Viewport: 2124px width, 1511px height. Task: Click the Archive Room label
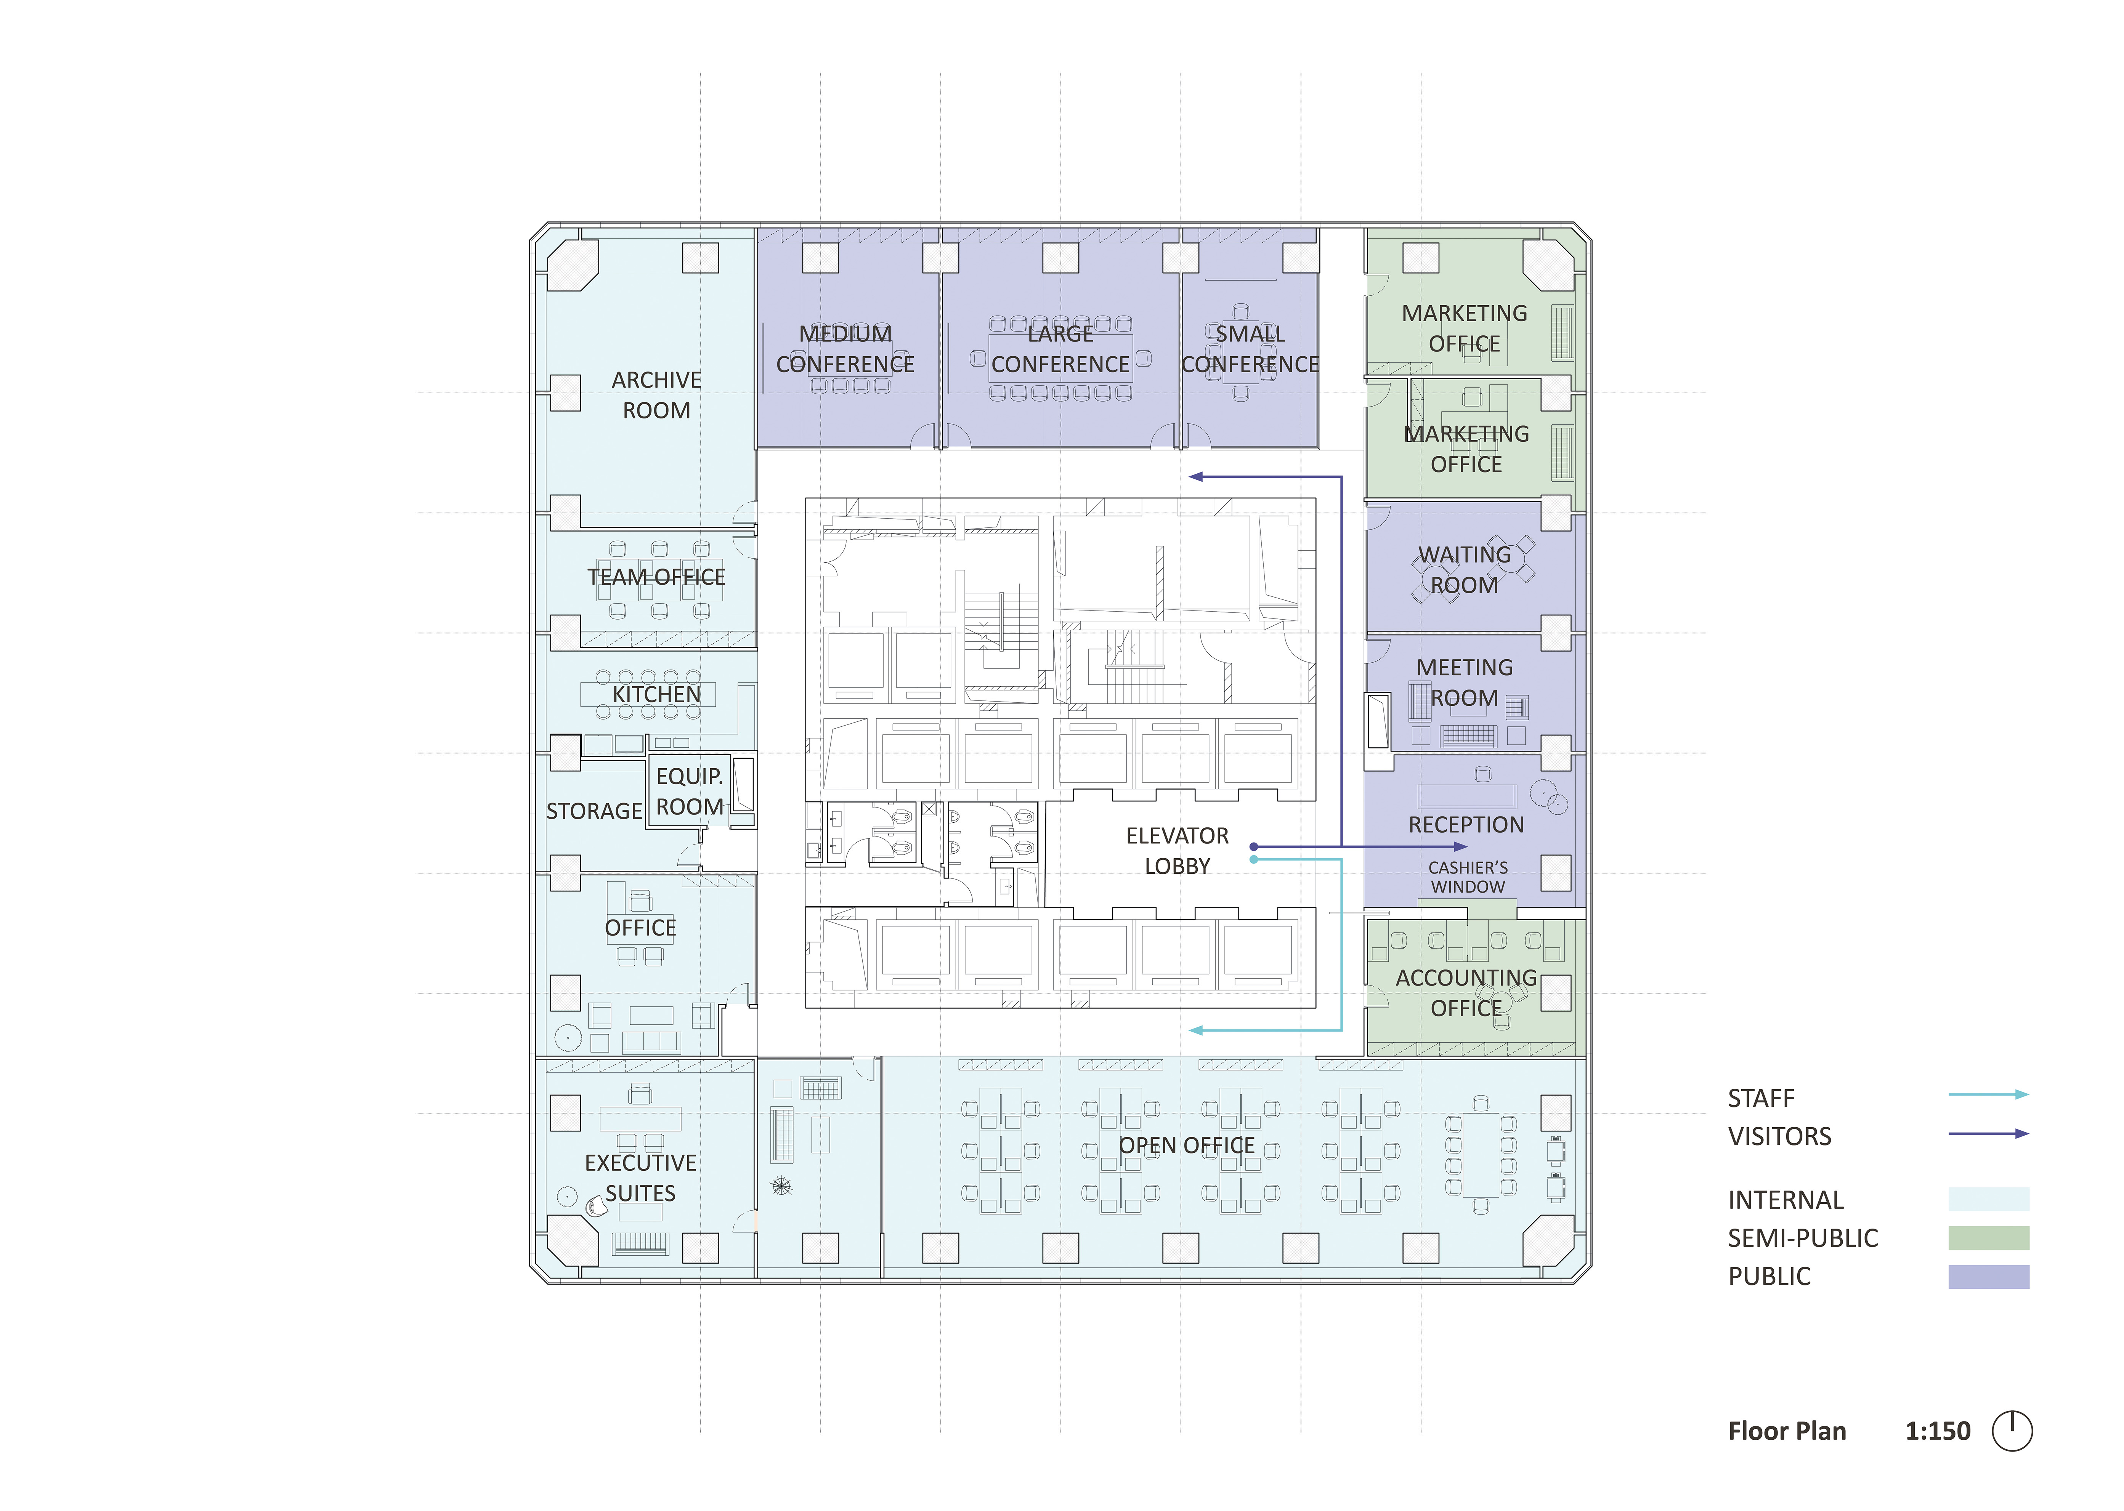pyautogui.click(x=656, y=396)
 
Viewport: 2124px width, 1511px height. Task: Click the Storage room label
pyautogui.click(x=594, y=811)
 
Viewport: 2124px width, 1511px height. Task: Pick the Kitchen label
pyautogui.click(x=656, y=695)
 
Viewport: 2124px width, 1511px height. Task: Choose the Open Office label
pyautogui.click(x=1187, y=1145)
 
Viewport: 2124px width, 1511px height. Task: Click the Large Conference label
pyautogui.click(x=1060, y=349)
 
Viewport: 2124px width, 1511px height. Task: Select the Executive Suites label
pyautogui.click(x=640, y=1178)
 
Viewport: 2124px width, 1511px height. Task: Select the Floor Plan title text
pyautogui.click(x=1786, y=1431)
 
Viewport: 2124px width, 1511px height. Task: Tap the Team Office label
pyautogui.click(x=656, y=577)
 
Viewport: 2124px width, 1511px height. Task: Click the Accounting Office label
pyautogui.click(x=1466, y=993)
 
